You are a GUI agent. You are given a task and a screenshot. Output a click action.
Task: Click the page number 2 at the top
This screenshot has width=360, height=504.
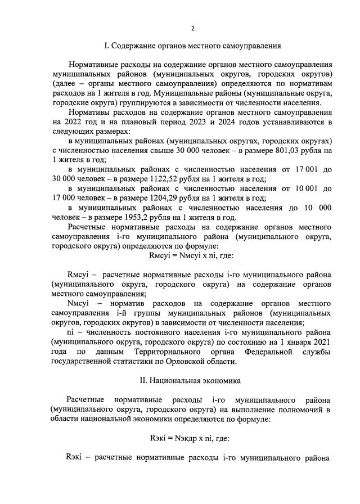coord(193,29)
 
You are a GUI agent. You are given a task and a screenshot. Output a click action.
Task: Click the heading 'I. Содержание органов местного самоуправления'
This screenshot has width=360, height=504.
coord(193,44)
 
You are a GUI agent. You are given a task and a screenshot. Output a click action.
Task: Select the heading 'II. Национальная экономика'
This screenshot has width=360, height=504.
coord(193,380)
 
